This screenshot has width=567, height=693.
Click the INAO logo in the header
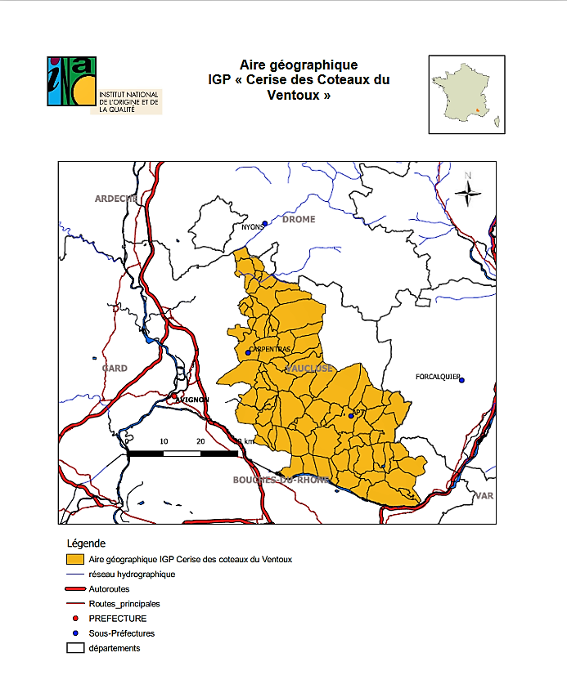(72, 82)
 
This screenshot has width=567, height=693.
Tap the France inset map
(466, 94)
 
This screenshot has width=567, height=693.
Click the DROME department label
(298, 220)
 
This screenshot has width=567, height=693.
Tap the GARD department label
(114, 369)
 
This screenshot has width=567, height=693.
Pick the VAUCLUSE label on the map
(308, 369)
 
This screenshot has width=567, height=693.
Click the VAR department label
(484, 496)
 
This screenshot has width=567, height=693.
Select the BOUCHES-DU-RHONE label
(281, 480)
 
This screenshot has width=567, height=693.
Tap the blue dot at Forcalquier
(461, 380)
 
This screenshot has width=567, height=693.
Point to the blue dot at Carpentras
(248, 353)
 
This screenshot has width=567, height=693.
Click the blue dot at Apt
(351, 416)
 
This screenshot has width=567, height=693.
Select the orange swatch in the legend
(75, 560)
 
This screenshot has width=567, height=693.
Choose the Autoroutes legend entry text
(109, 589)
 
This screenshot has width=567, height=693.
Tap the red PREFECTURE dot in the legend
(75, 619)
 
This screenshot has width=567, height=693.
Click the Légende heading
(86, 543)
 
